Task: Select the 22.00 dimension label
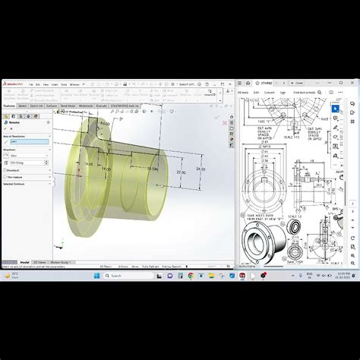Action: pyautogui.click(x=181, y=173)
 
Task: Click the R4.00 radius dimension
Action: pyautogui.click(x=105, y=122)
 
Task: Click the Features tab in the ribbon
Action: pyautogui.click(x=10, y=106)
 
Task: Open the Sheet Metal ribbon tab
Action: pyautogui.click(x=68, y=106)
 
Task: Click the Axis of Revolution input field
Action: pyautogui.click(x=27, y=141)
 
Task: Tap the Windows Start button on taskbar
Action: pyautogui.click(x=96, y=276)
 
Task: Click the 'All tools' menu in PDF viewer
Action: pyautogui.click(x=244, y=92)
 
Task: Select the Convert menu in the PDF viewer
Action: pyautogui.click(x=269, y=92)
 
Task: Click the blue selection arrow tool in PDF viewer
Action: pyautogui.click(x=336, y=108)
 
